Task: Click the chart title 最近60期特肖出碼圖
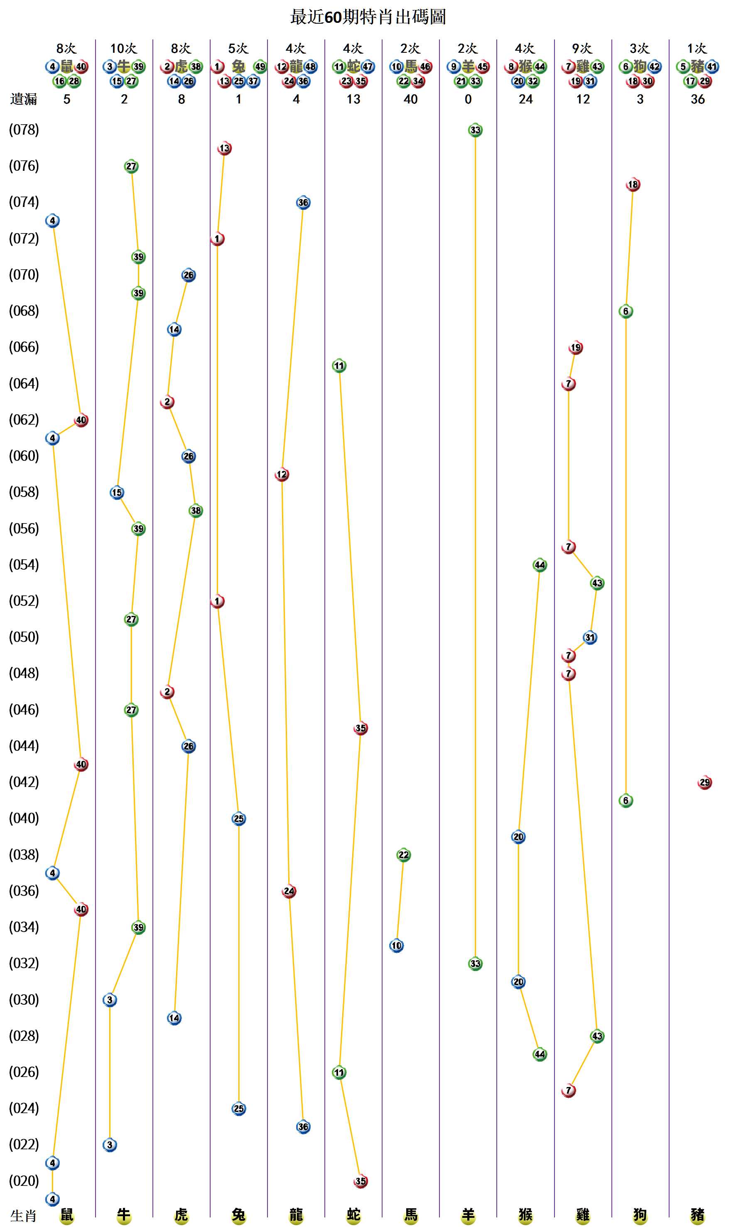(x=368, y=17)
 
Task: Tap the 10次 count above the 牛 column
(x=123, y=49)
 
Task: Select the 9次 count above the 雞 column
(x=582, y=49)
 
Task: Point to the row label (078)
(x=24, y=130)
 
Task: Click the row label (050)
(x=24, y=637)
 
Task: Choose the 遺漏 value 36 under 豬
(x=697, y=99)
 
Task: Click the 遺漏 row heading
(x=24, y=99)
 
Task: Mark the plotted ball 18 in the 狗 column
(x=633, y=184)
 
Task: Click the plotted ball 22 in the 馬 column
(x=404, y=855)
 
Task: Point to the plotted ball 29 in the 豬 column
(x=704, y=782)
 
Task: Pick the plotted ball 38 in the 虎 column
(x=196, y=511)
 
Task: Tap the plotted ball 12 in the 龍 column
(x=282, y=475)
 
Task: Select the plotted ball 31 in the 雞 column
(x=590, y=637)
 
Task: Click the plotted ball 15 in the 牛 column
(x=117, y=493)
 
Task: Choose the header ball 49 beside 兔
(x=260, y=66)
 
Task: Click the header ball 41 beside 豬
(x=711, y=66)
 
